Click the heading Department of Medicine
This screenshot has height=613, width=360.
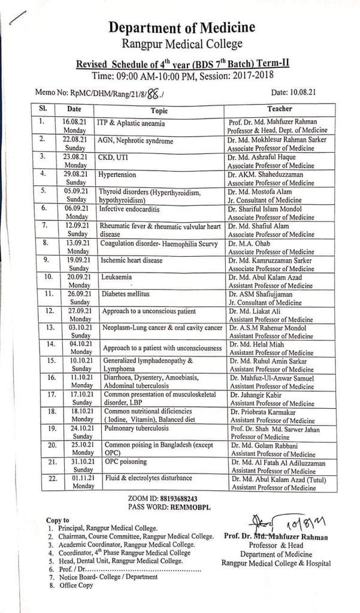tap(181, 28)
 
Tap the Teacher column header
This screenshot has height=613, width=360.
tap(280, 109)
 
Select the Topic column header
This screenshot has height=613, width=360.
tap(159, 110)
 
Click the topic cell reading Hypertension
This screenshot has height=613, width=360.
tap(118, 175)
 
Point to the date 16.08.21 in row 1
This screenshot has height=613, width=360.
tap(75, 121)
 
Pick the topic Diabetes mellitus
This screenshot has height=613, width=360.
tap(125, 294)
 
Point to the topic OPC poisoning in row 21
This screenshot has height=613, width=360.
tap(127, 462)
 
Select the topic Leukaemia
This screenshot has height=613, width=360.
tap(117, 277)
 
